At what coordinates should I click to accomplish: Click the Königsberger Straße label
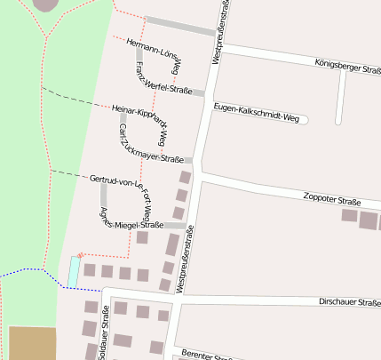pyautogui.click(x=347, y=66)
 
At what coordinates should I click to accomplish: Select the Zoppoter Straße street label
pyautogui.click(x=331, y=198)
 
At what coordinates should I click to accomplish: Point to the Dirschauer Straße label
pyautogui.click(x=349, y=303)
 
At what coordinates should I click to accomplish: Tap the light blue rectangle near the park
pyautogui.click(x=73, y=271)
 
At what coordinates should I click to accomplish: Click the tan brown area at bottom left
pyautogui.click(x=32, y=343)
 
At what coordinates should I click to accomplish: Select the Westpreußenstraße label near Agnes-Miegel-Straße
pyautogui.click(x=184, y=260)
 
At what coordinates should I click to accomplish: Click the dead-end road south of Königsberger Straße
pyautogui.click(x=338, y=98)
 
